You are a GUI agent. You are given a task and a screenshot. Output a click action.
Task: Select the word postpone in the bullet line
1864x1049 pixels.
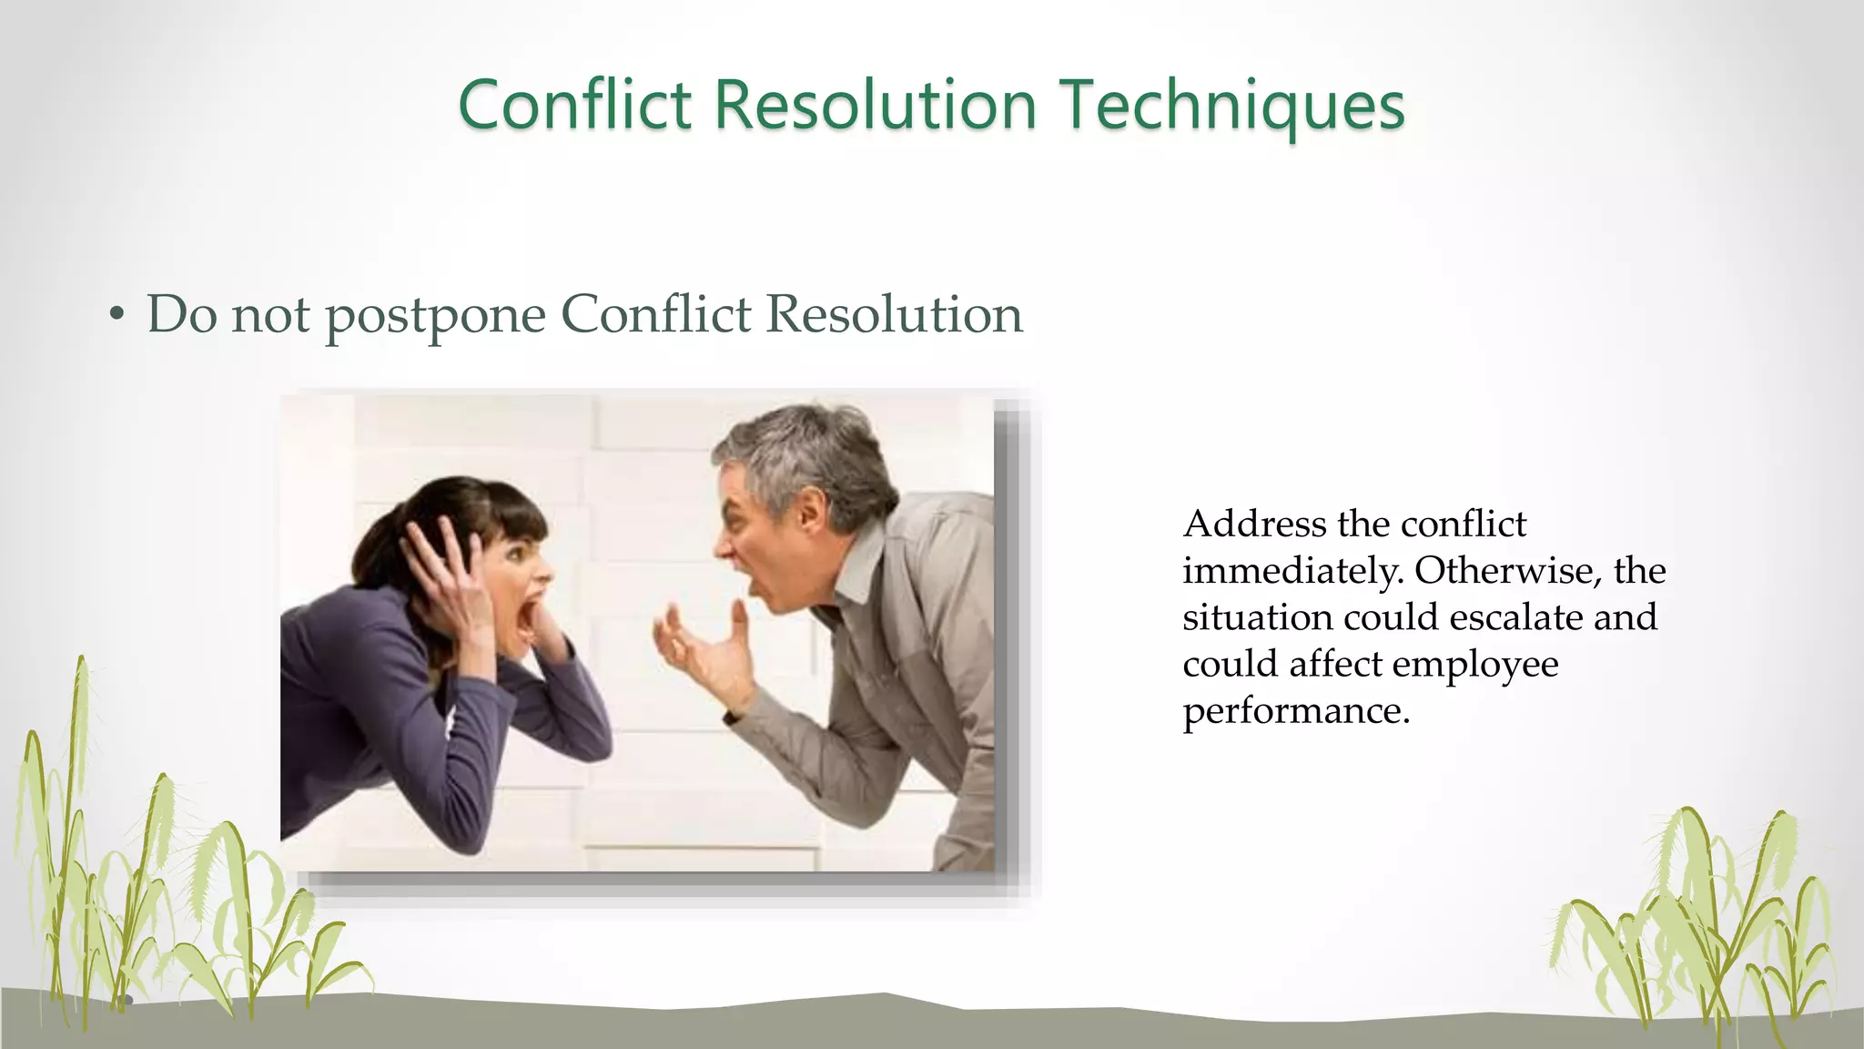pos(435,316)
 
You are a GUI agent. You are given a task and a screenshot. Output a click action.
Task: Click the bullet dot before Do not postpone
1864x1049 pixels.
pos(116,315)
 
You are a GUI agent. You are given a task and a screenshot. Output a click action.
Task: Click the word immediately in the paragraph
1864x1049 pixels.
pos(1291,571)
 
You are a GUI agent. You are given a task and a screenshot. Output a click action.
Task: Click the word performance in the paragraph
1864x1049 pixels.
pos(1294,710)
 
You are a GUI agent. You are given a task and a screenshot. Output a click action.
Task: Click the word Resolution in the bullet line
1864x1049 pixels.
pos(894,316)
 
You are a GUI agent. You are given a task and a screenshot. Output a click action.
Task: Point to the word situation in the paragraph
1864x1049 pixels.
pos(1257,617)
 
